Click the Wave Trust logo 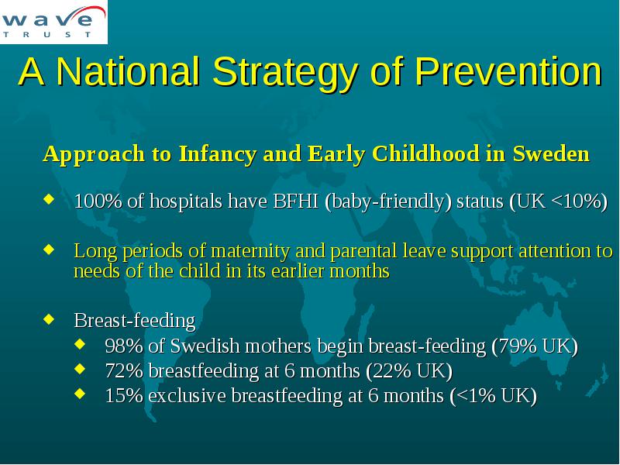53,22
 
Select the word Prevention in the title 508,71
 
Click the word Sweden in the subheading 551,153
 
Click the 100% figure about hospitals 98,201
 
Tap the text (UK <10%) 558,201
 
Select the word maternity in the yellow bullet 250,251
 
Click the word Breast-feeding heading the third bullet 134,321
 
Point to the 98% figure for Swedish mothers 124,346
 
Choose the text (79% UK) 535,346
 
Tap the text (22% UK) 409,371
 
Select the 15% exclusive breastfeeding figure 124,396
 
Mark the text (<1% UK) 493,396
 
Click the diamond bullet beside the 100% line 49,198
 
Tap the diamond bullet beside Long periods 49,249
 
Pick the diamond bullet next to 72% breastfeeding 80,369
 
